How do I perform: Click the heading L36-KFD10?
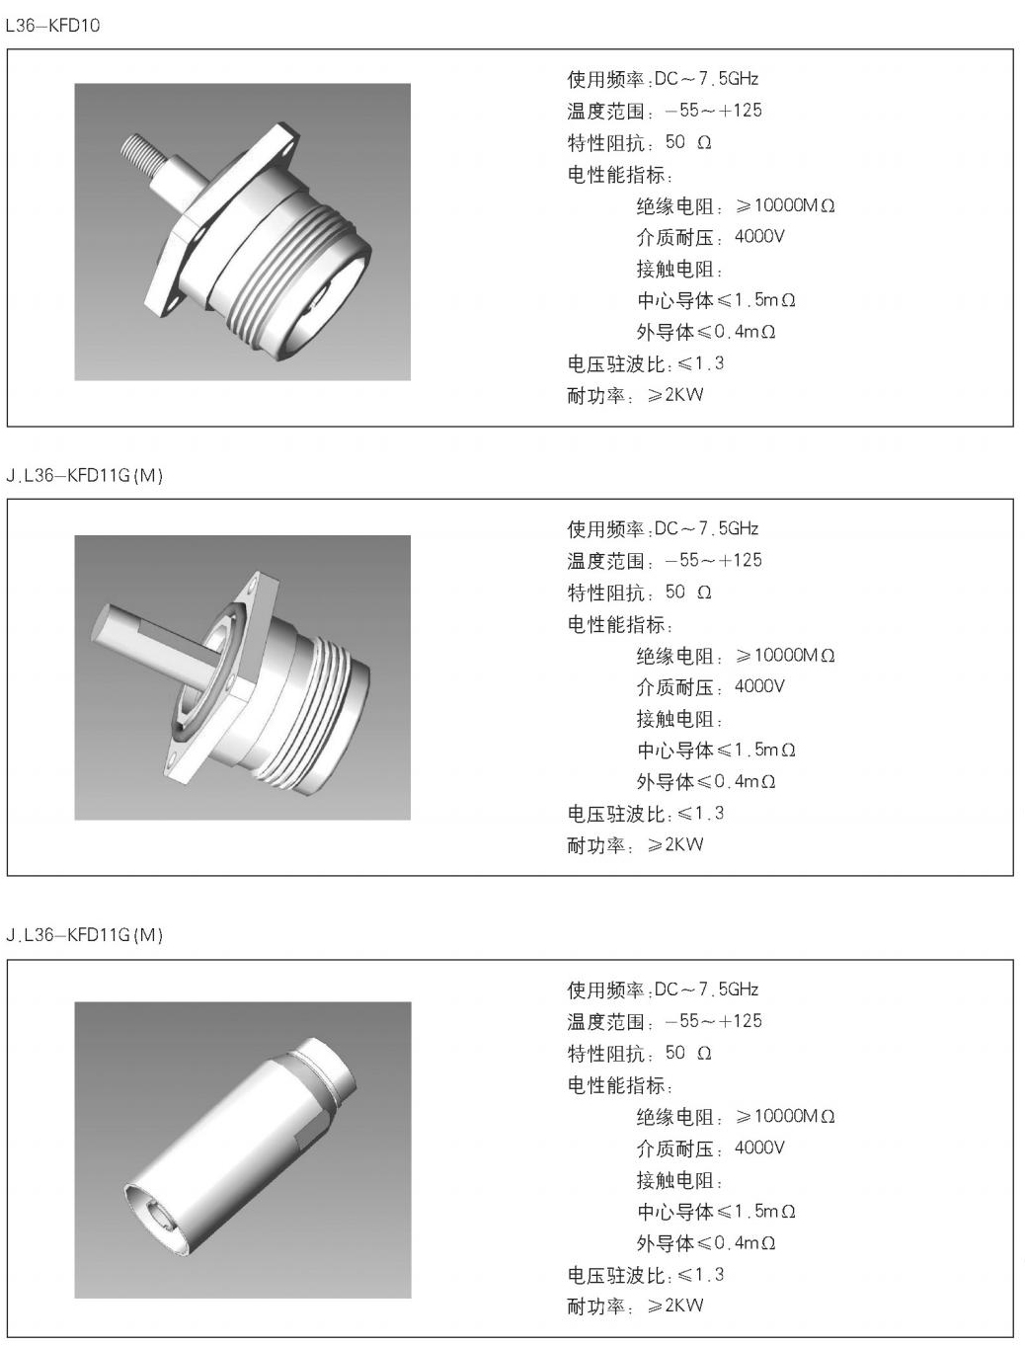click(52, 26)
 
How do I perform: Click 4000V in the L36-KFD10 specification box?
click(759, 237)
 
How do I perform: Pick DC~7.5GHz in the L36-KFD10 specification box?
click(706, 79)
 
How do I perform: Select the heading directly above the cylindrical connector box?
click(84, 935)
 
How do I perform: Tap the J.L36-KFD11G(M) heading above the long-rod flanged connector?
click(84, 476)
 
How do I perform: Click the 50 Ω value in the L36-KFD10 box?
click(688, 142)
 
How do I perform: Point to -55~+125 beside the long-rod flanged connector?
click(713, 561)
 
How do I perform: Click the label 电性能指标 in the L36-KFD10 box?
click(619, 175)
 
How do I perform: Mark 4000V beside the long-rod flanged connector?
click(759, 686)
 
